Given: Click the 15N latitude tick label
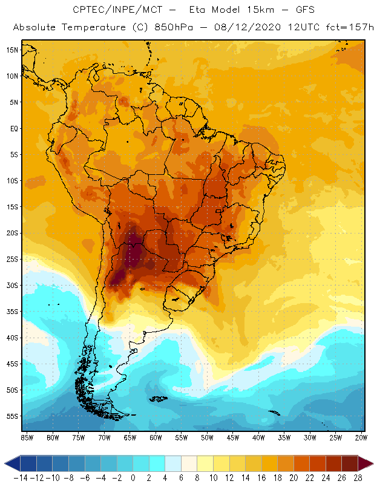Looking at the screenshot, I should pos(12,50).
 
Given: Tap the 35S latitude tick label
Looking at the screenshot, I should pos(12,312).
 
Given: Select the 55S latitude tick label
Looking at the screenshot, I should pos(12,416).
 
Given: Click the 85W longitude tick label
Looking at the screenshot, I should pos(27,437).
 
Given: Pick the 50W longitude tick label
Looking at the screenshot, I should pos(207,437).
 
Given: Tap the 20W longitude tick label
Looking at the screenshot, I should pos(362,437).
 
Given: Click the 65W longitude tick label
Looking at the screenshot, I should pos(130,437).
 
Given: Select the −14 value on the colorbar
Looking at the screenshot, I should pos(21,478).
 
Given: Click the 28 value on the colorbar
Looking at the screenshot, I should pos(357,478).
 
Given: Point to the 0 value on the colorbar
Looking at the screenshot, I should pos(133,478).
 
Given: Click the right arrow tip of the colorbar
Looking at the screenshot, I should pos(370,463).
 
